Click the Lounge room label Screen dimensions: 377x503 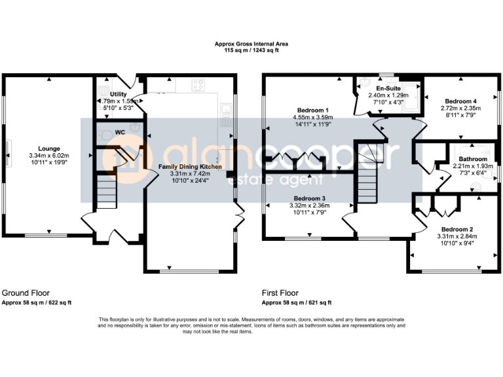click(x=49, y=148)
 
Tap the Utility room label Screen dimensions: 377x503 click(x=110, y=95)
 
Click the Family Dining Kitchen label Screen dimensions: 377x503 click(x=190, y=167)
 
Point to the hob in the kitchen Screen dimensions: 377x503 click(x=198, y=84)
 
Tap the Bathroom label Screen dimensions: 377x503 click(x=472, y=159)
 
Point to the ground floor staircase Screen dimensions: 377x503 click(x=105, y=190)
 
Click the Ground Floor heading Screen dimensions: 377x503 click(x=26, y=293)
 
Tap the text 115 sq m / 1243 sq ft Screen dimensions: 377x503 click(x=251, y=50)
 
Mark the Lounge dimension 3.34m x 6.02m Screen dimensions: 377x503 click(x=49, y=155)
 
